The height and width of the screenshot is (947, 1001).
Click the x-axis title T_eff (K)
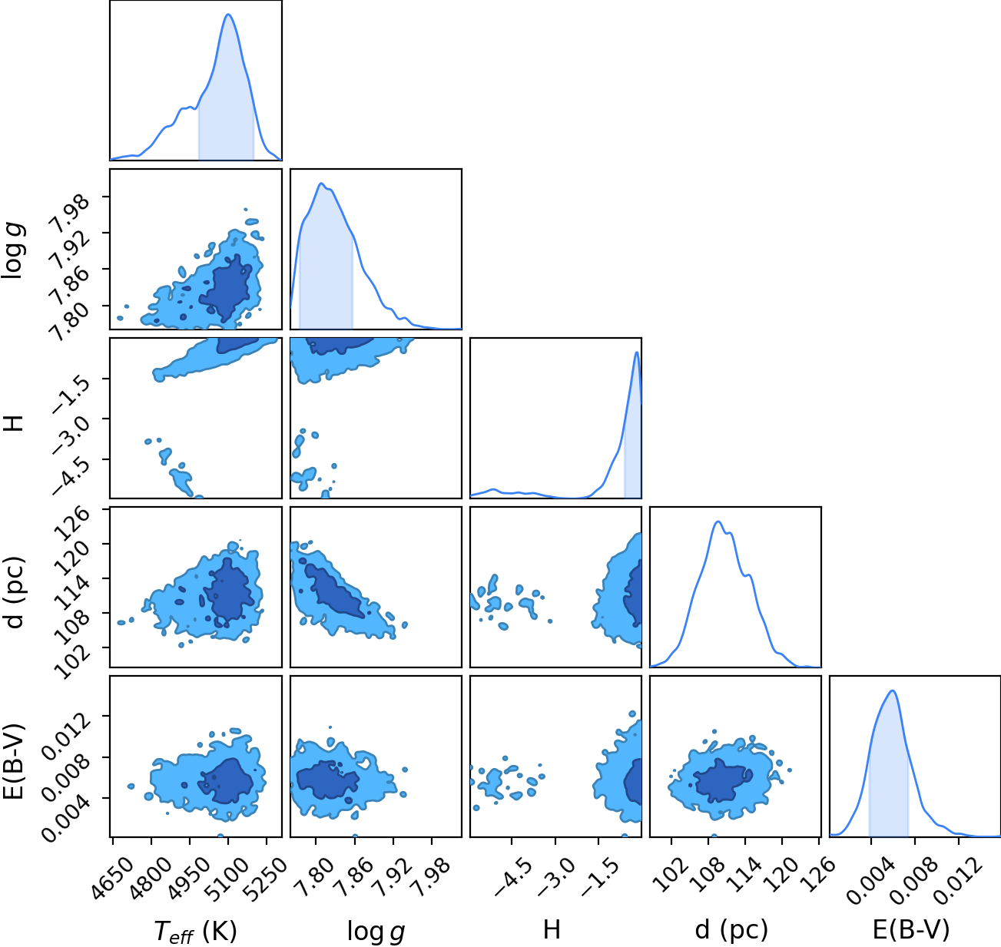click(x=196, y=932)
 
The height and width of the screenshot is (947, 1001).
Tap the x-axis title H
click(x=552, y=929)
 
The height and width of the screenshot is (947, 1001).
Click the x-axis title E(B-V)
click(x=911, y=930)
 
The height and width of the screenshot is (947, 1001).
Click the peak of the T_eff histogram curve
click(x=229, y=15)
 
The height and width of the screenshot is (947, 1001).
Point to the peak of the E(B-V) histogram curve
click(x=893, y=690)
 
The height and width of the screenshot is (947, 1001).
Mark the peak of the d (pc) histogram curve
click(x=718, y=522)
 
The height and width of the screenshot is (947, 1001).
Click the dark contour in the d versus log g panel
click(x=333, y=590)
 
